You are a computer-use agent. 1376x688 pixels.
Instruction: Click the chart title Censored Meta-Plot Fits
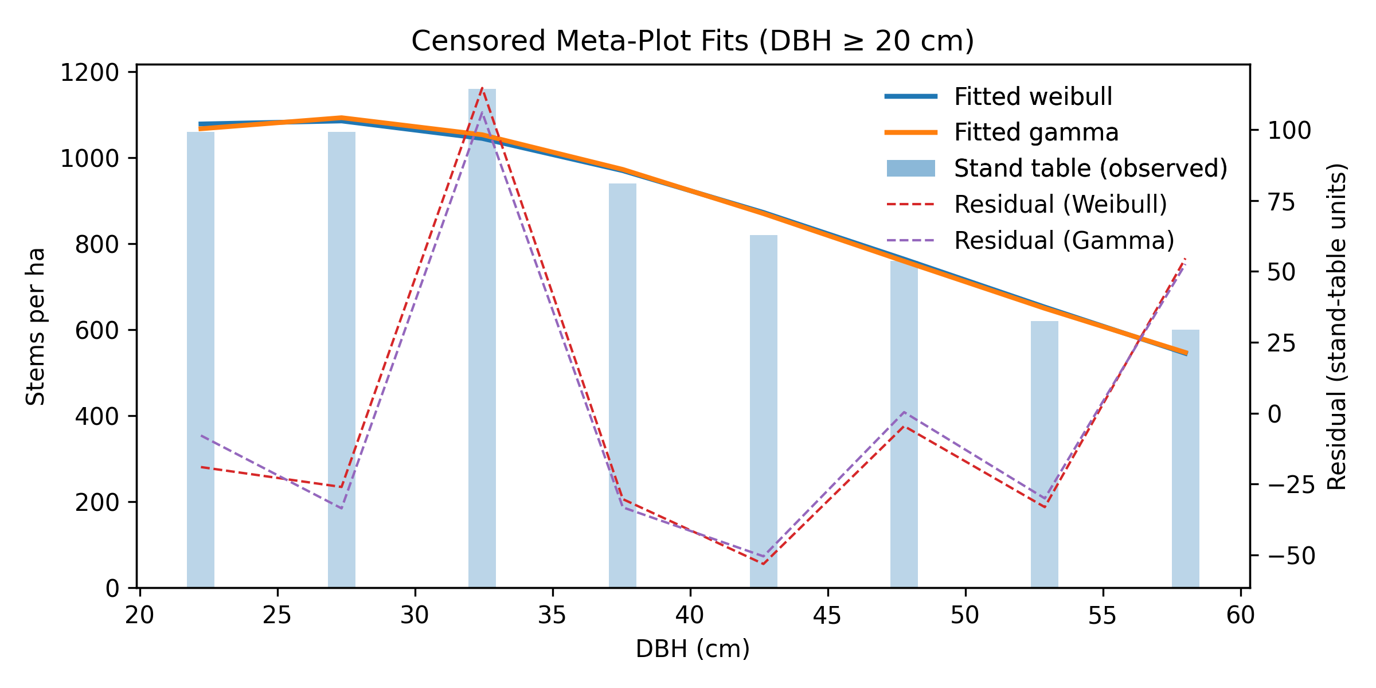693,41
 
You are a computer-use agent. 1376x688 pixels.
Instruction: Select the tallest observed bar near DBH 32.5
482,344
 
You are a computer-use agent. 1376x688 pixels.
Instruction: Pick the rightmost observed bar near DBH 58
1185,459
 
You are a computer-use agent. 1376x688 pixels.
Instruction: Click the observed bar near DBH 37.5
623,384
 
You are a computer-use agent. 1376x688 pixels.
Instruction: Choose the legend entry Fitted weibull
1033,97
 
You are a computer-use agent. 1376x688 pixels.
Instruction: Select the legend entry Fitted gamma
1035,132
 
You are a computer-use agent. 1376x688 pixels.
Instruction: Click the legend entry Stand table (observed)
1090,169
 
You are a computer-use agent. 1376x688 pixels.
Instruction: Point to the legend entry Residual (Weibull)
1060,205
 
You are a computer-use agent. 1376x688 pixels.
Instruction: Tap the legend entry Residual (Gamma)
1064,241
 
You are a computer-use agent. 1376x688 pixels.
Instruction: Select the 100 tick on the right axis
1289,131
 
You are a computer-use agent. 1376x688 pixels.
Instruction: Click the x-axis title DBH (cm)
693,649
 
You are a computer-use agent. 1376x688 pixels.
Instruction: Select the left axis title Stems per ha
36,326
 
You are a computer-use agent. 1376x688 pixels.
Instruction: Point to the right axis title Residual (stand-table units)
1337,326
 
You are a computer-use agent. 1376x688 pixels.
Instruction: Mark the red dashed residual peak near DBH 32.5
482,89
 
